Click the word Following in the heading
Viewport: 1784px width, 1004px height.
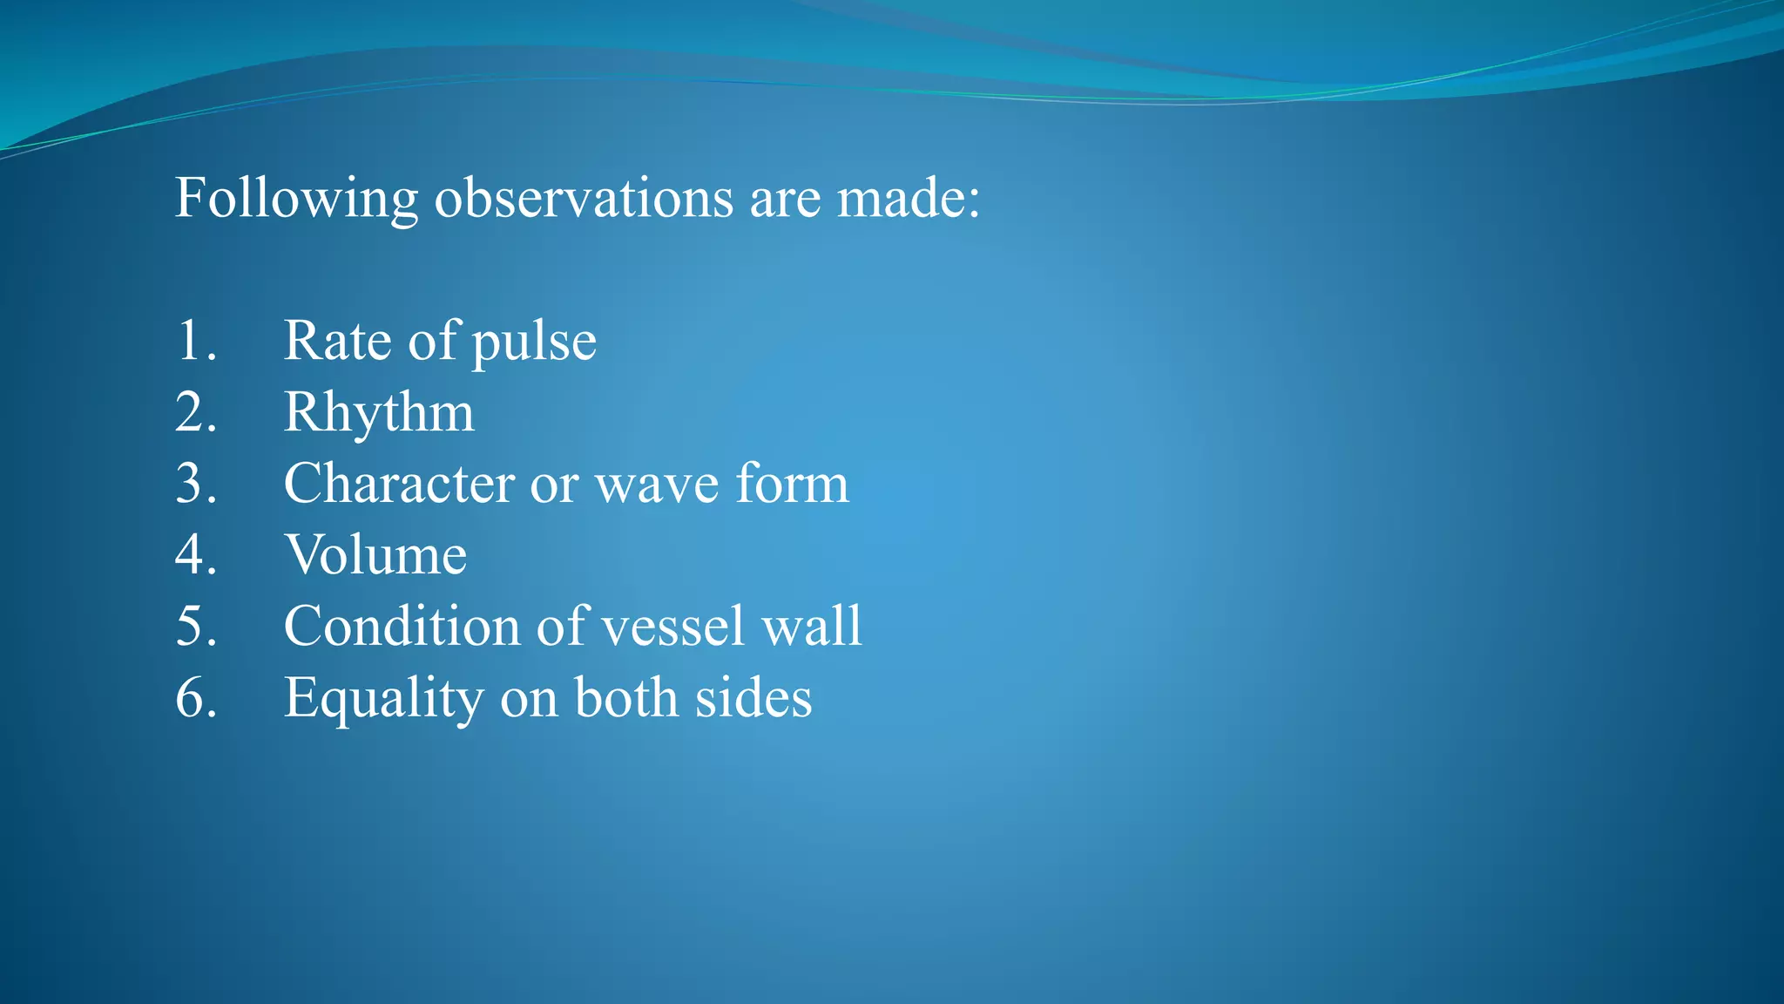click(x=296, y=199)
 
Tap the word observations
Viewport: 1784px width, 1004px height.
click(x=584, y=199)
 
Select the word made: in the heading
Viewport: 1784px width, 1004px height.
click(x=909, y=199)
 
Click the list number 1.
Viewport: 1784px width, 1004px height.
click(x=195, y=341)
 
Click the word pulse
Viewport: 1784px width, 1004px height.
click(x=534, y=343)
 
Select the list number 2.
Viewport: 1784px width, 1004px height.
click(x=195, y=412)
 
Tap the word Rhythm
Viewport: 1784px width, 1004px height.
click(x=379, y=412)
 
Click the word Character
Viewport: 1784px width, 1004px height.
click(x=399, y=484)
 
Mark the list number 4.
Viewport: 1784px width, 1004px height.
click(x=195, y=555)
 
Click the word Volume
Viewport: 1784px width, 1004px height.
click(x=375, y=555)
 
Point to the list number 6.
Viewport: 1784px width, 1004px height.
click(x=195, y=698)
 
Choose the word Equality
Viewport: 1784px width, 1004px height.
click(x=383, y=700)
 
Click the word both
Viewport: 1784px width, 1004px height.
click(x=626, y=698)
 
